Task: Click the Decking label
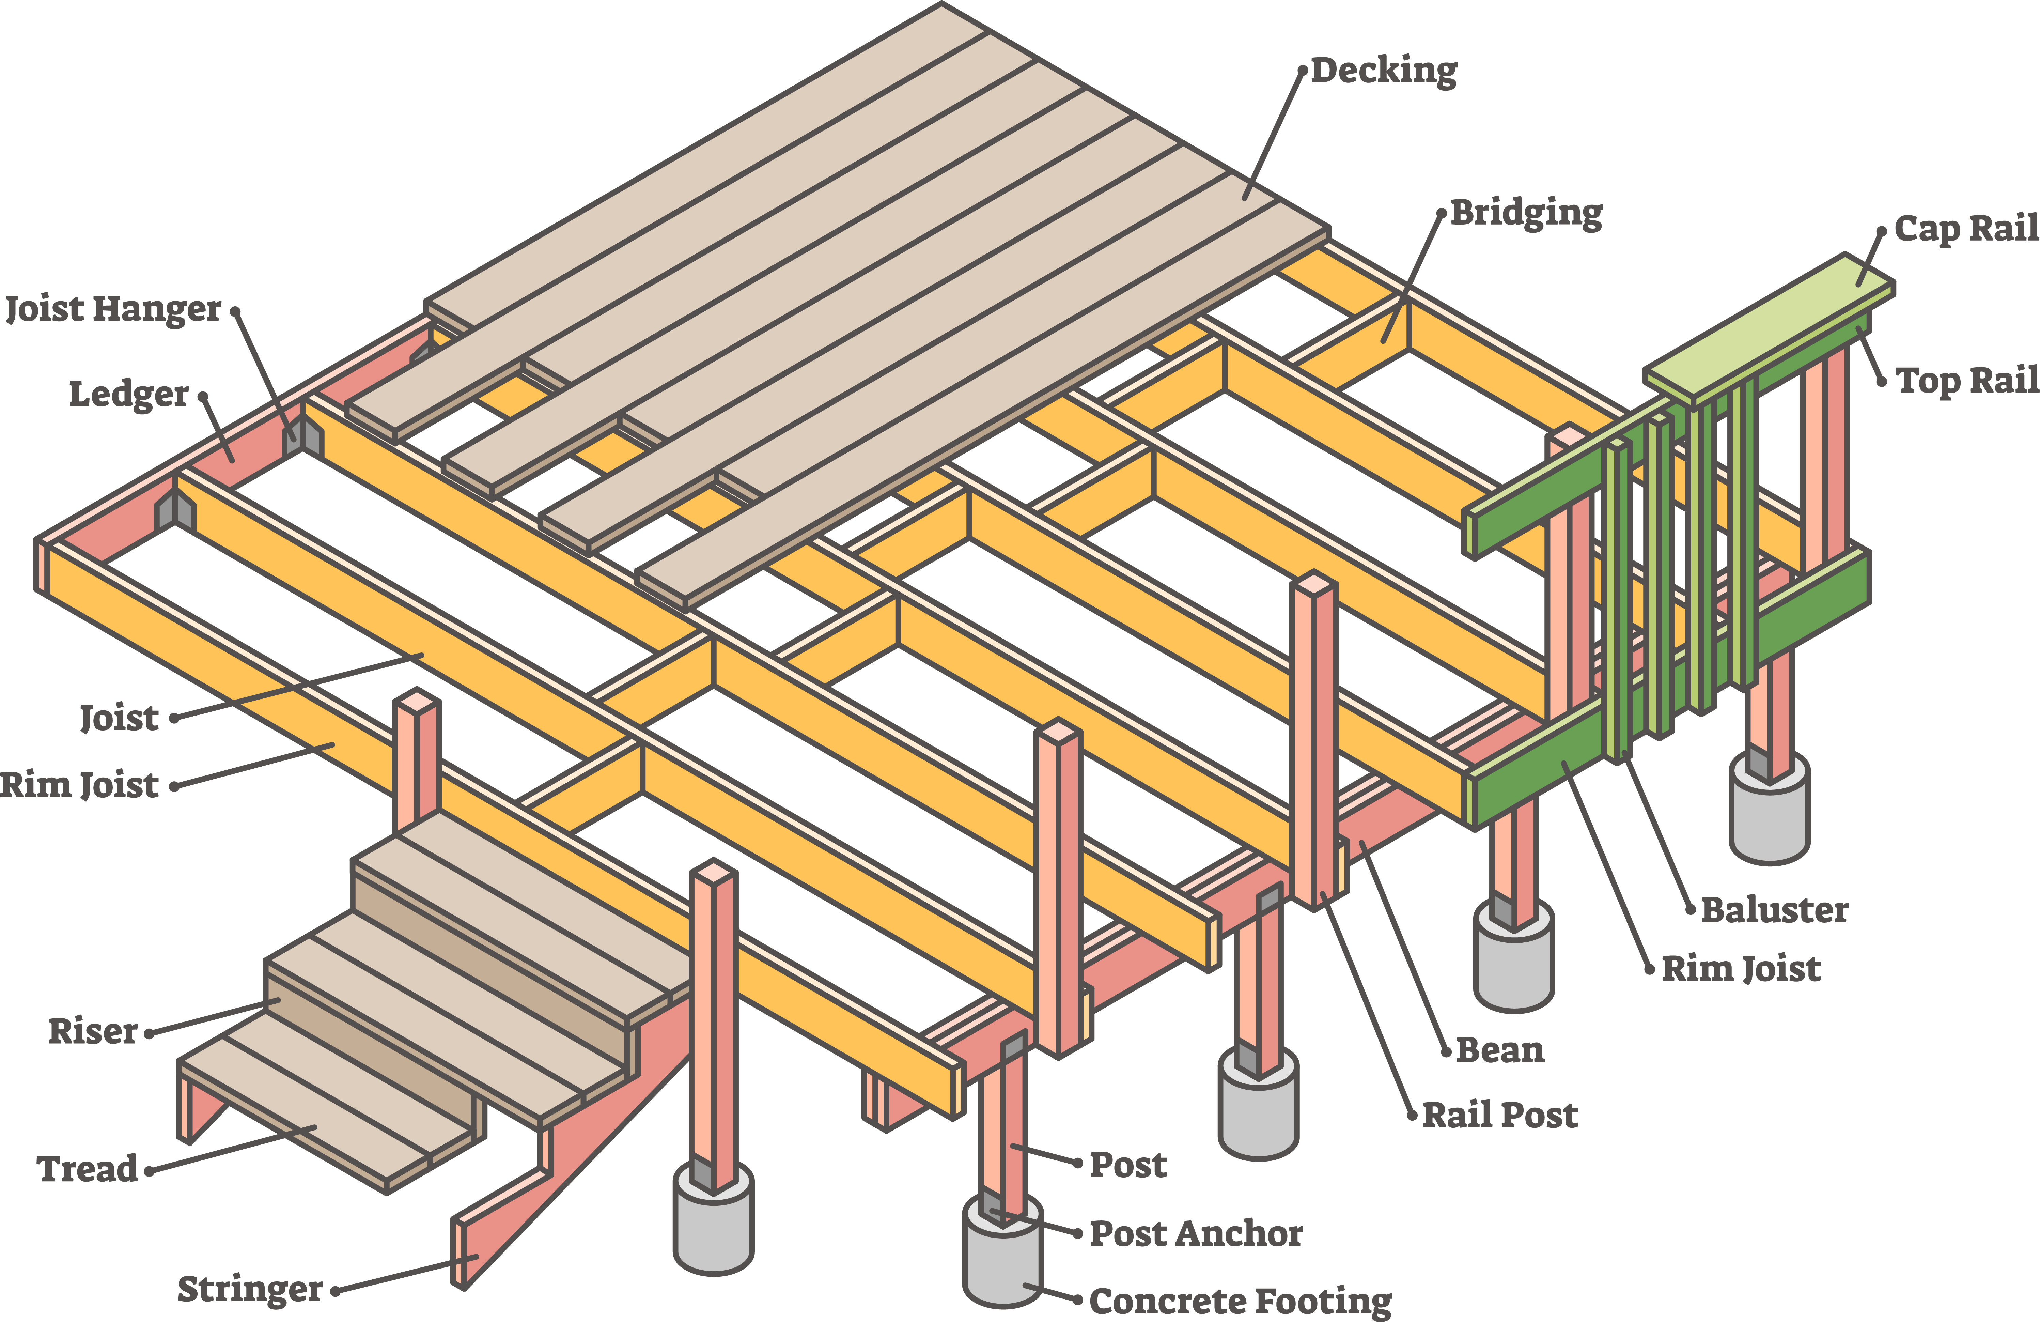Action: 1383,70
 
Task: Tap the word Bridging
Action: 1526,213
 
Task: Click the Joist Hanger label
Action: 113,309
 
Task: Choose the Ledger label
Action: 128,394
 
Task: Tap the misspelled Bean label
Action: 1500,1049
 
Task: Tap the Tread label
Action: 88,1169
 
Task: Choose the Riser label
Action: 93,1031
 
